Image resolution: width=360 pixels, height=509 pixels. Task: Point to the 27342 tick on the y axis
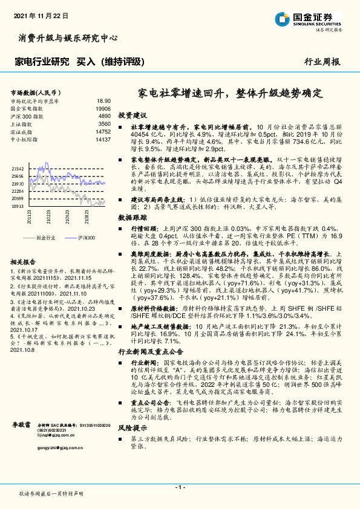tap(17, 169)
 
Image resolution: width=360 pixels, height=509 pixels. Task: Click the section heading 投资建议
tap(133, 115)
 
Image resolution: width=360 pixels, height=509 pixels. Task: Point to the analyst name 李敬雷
tap(21, 426)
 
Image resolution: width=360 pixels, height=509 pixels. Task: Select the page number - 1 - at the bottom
tap(180, 487)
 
